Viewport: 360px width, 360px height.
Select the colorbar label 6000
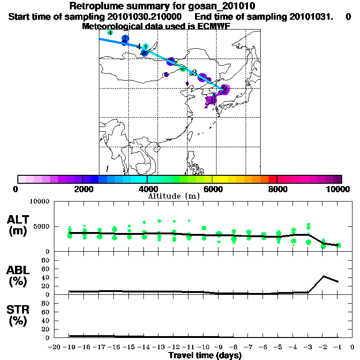point(212,189)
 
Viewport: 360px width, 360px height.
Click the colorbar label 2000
point(82,189)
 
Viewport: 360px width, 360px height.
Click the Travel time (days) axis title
point(205,356)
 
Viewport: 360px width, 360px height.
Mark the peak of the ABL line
point(324,276)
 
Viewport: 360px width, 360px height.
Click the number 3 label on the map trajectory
point(194,73)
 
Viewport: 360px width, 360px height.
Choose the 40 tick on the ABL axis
point(46,277)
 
